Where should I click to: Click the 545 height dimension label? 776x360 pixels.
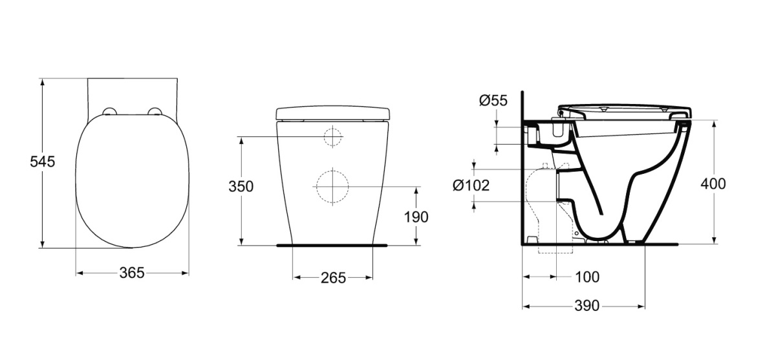pos(42,162)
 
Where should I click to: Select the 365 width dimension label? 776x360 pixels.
pos(132,273)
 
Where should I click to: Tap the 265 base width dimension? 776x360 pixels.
pos(333,278)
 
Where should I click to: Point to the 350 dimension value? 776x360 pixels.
pos(241,187)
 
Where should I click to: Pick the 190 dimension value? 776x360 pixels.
pos(416,217)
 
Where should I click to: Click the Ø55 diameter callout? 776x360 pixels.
pos(493,100)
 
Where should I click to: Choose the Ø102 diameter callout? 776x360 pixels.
pos(471,185)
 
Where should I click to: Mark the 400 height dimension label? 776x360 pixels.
pos(713,184)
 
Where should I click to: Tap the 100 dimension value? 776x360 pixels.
pos(587,277)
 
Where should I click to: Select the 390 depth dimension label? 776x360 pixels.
pos(587,306)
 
